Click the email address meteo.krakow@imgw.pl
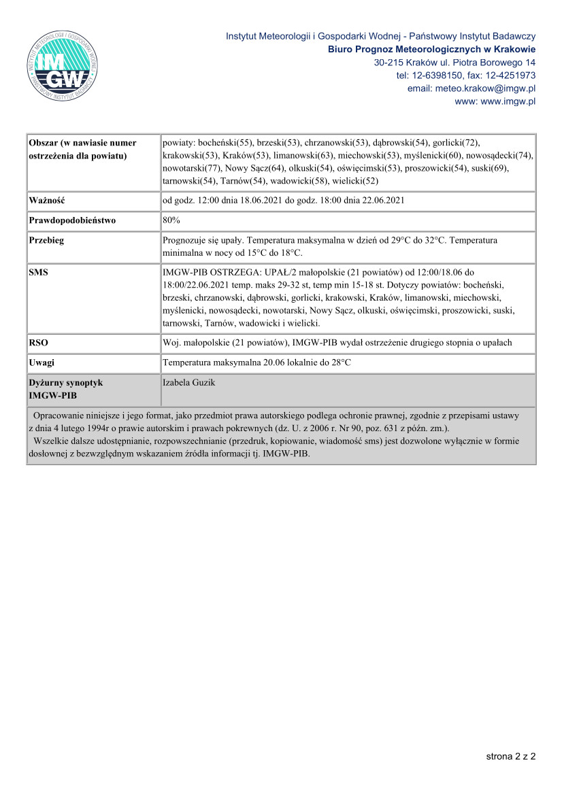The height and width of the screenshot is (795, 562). pyautogui.click(x=471, y=88)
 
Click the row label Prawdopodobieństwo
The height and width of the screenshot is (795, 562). pyautogui.click(x=72, y=220)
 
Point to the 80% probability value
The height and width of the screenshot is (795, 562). pyautogui.click(x=171, y=220)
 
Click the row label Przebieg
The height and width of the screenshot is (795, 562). pyautogui.click(x=46, y=240)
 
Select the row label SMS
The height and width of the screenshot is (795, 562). pyautogui.click(x=39, y=272)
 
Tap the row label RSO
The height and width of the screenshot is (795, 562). pyautogui.click(x=39, y=342)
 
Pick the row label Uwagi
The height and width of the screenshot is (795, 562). pyautogui.click(x=42, y=362)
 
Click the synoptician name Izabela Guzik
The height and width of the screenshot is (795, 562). pyautogui.click(x=188, y=383)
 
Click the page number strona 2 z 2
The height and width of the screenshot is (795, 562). pyautogui.click(x=510, y=756)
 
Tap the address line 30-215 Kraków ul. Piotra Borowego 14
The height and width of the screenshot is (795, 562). pyautogui.click(x=454, y=63)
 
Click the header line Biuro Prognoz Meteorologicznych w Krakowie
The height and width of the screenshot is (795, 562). pyautogui.click(x=431, y=50)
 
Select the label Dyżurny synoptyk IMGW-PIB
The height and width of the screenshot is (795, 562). pyautogui.click(x=65, y=388)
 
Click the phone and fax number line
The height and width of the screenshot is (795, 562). pyautogui.click(x=465, y=75)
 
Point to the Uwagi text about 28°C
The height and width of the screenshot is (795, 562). pyautogui.click(x=257, y=362)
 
